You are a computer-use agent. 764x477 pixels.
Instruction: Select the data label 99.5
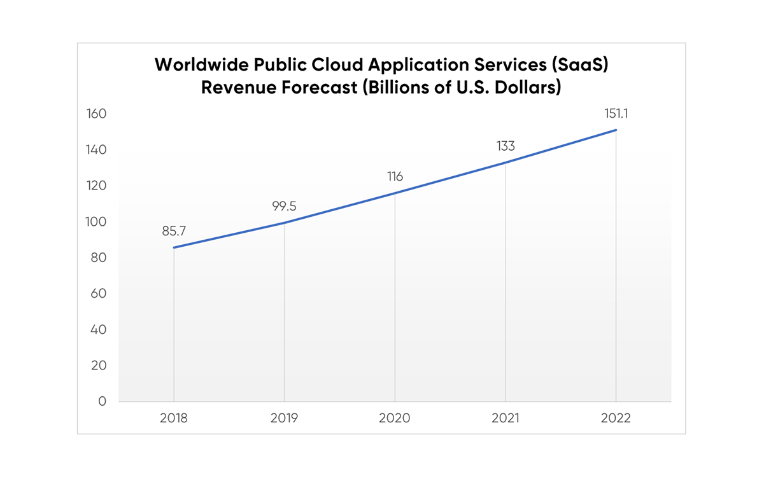click(284, 206)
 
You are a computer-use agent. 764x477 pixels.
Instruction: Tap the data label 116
click(395, 176)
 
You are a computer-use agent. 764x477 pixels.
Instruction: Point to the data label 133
click(506, 146)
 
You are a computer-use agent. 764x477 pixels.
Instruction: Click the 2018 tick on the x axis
click(174, 418)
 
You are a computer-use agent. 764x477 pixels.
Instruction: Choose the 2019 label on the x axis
click(284, 418)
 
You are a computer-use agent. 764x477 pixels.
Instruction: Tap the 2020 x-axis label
click(395, 418)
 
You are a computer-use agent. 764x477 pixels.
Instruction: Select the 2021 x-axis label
click(506, 418)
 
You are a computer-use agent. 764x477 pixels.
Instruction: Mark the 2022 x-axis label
click(616, 418)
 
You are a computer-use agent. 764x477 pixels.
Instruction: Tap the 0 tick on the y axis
click(102, 401)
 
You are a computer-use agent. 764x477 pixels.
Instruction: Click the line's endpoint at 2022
click(616, 130)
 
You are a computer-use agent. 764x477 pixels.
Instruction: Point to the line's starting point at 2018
click(174, 247)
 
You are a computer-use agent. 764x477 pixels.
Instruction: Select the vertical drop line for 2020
click(395, 299)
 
